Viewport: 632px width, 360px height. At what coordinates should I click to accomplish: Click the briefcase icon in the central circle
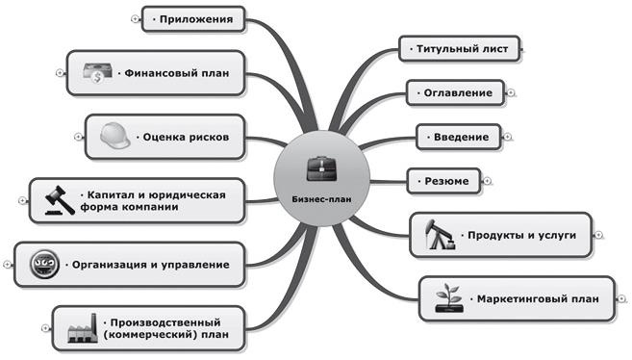pyautogui.click(x=316, y=171)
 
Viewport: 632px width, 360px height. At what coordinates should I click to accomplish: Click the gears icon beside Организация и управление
pyautogui.click(x=45, y=262)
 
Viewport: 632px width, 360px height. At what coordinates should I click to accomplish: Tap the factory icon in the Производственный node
pyautogui.click(x=83, y=330)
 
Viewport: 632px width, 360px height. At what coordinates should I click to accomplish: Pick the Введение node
pyautogui.click(x=454, y=137)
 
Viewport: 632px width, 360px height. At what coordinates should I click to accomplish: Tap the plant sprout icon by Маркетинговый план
pyautogui.click(x=447, y=297)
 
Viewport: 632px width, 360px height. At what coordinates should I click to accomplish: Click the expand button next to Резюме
pyautogui.click(x=487, y=180)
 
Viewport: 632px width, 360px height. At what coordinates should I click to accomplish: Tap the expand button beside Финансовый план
pyautogui.click(x=60, y=72)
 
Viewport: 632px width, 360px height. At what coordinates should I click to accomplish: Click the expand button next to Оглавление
pyautogui.click(x=510, y=93)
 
